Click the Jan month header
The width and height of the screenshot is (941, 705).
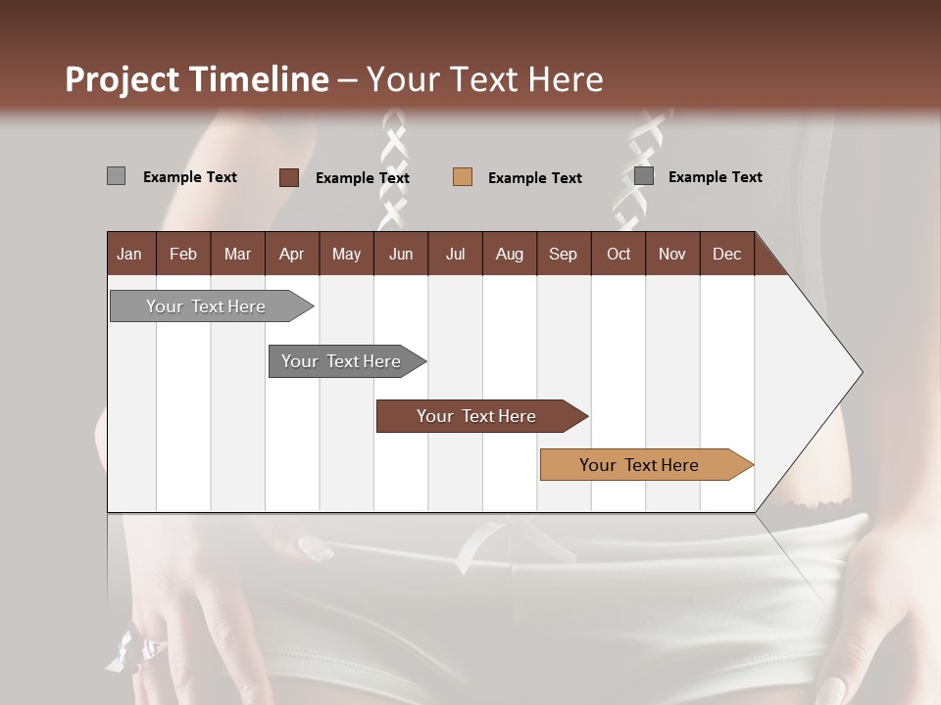(x=129, y=254)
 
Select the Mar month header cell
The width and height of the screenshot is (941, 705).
(x=237, y=254)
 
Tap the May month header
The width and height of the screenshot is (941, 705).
(x=346, y=254)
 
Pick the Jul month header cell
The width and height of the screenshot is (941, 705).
(x=455, y=254)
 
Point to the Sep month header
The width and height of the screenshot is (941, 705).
(x=563, y=254)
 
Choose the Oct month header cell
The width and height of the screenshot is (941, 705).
(x=619, y=254)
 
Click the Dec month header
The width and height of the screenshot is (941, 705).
(x=726, y=254)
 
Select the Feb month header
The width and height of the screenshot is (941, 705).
(x=183, y=254)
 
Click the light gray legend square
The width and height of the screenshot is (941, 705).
(x=116, y=176)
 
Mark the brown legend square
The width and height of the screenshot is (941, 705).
(x=288, y=177)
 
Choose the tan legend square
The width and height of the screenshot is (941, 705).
(x=463, y=177)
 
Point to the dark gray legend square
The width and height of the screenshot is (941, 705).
(x=643, y=176)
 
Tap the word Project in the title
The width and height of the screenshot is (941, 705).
(x=123, y=79)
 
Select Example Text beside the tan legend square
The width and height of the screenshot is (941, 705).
(x=534, y=178)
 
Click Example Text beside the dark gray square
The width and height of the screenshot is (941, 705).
(x=715, y=177)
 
